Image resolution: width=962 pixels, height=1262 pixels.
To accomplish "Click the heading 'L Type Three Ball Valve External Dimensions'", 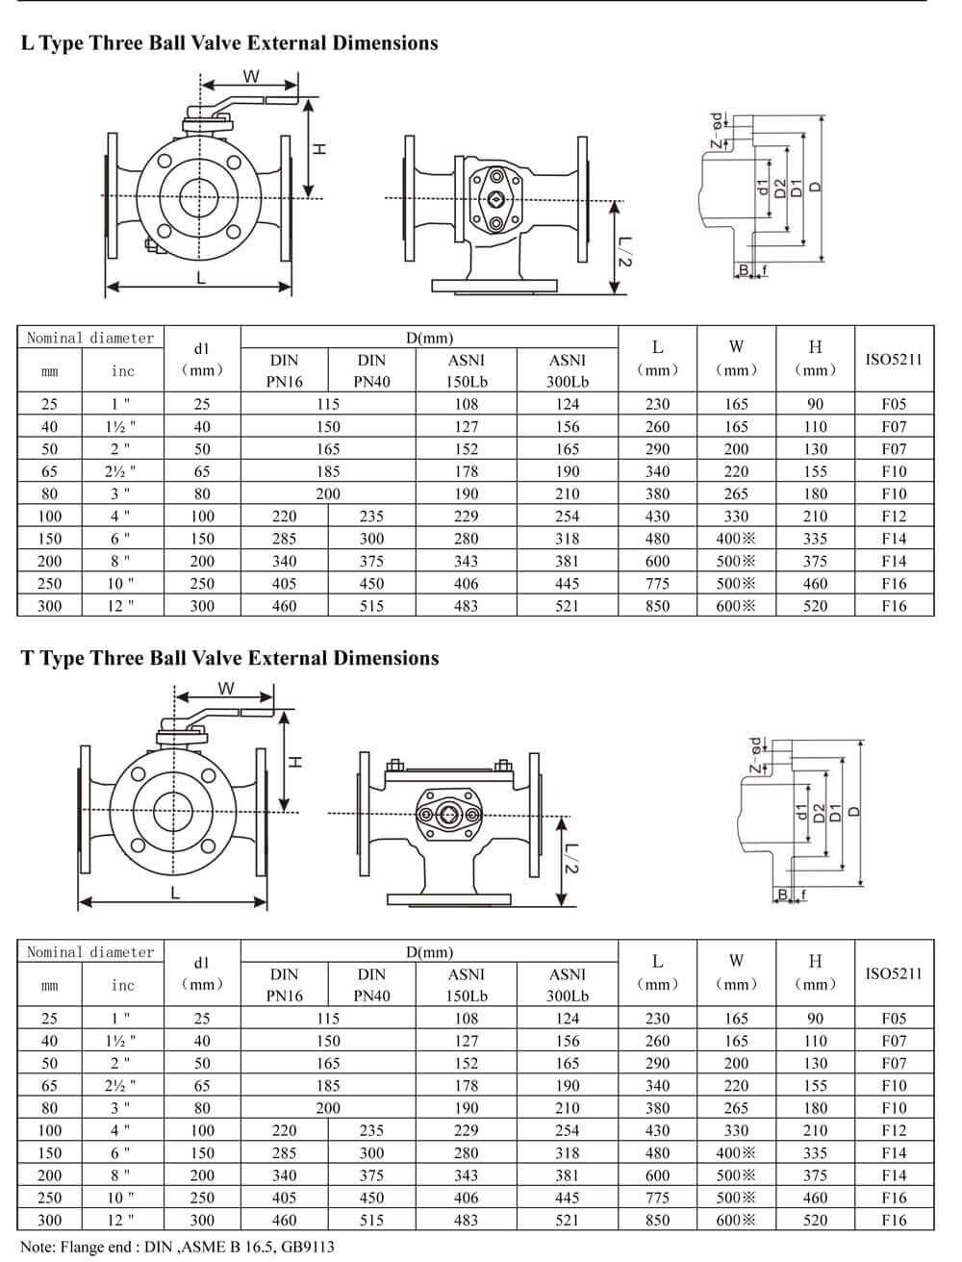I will (229, 43).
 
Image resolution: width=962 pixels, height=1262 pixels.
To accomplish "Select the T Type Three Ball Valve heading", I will (230, 658).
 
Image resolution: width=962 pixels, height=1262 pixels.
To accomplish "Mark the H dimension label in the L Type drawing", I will (320, 149).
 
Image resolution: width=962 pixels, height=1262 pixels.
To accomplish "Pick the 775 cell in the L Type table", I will (658, 583).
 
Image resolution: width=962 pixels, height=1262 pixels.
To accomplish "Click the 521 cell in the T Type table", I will (568, 1220).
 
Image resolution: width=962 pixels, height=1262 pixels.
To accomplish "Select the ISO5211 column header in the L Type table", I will (894, 359).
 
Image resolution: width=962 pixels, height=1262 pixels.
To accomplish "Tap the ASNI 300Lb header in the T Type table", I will (568, 985).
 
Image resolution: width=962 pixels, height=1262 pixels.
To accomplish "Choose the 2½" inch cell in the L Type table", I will (122, 471).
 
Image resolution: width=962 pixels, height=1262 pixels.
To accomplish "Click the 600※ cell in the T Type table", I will (736, 1220).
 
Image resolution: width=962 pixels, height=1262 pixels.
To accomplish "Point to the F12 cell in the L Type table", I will (894, 517).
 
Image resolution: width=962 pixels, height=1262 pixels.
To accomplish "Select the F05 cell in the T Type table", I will (894, 1018).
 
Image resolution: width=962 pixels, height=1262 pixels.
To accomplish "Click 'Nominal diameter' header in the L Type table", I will (90, 338).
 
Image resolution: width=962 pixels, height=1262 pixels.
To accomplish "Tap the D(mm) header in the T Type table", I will (429, 952).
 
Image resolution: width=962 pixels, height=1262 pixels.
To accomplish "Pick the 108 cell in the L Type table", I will (466, 404).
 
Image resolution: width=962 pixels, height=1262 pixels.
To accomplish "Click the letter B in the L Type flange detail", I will (745, 270).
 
